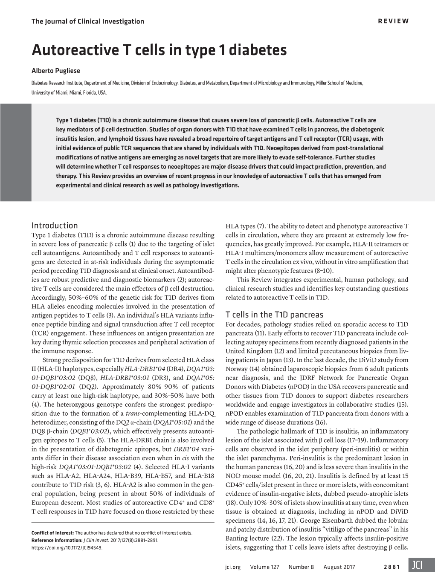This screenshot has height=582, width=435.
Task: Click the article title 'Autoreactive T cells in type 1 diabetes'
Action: [x=159, y=50]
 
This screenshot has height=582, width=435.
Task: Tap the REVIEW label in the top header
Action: [x=393, y=21]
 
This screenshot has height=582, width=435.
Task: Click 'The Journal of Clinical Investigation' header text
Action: [x=88, y=21]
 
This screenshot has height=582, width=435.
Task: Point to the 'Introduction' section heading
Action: [x=55, y=226]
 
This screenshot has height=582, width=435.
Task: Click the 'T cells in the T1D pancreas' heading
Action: [x=274, y=315]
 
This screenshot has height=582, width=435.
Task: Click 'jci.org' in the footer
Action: [x=232, y=567]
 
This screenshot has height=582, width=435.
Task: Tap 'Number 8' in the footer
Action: [x=301, y=567]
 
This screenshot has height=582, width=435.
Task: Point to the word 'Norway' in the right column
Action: [x=236, y=369]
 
